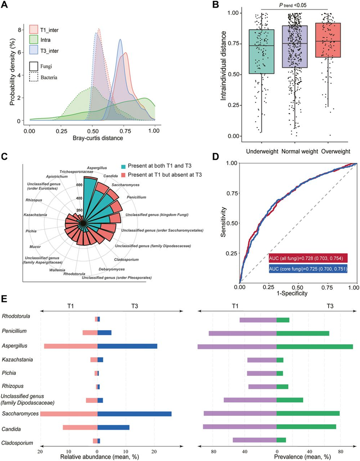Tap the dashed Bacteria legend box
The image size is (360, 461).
coord(34,77)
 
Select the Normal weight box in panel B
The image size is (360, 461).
coord(294,47)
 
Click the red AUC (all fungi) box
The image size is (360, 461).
coord(307,259)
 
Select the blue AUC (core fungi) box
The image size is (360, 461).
coord(307,269)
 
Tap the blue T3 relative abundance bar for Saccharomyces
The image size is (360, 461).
coord(134,413)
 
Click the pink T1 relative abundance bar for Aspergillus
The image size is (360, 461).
coord(70,346)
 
